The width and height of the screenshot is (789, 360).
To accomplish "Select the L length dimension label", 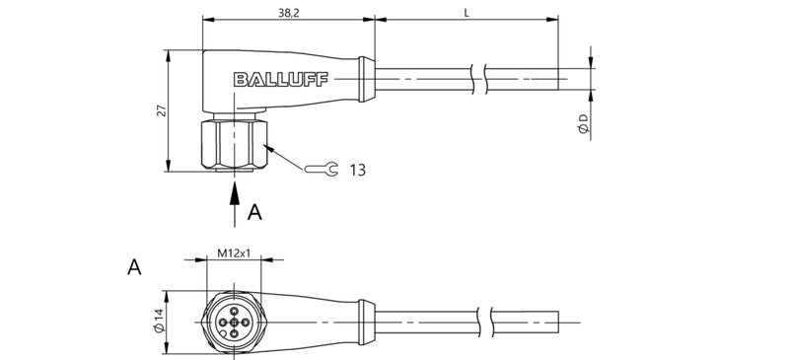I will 466,11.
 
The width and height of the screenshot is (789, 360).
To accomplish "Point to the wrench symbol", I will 321,170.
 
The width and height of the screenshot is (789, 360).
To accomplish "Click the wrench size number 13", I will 357,171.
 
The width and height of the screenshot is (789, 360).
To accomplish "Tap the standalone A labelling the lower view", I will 134,266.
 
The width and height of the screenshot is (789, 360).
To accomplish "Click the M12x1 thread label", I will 233,254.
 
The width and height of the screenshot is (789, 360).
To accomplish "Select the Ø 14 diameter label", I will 156,322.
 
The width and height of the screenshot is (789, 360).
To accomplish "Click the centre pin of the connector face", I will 234,321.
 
